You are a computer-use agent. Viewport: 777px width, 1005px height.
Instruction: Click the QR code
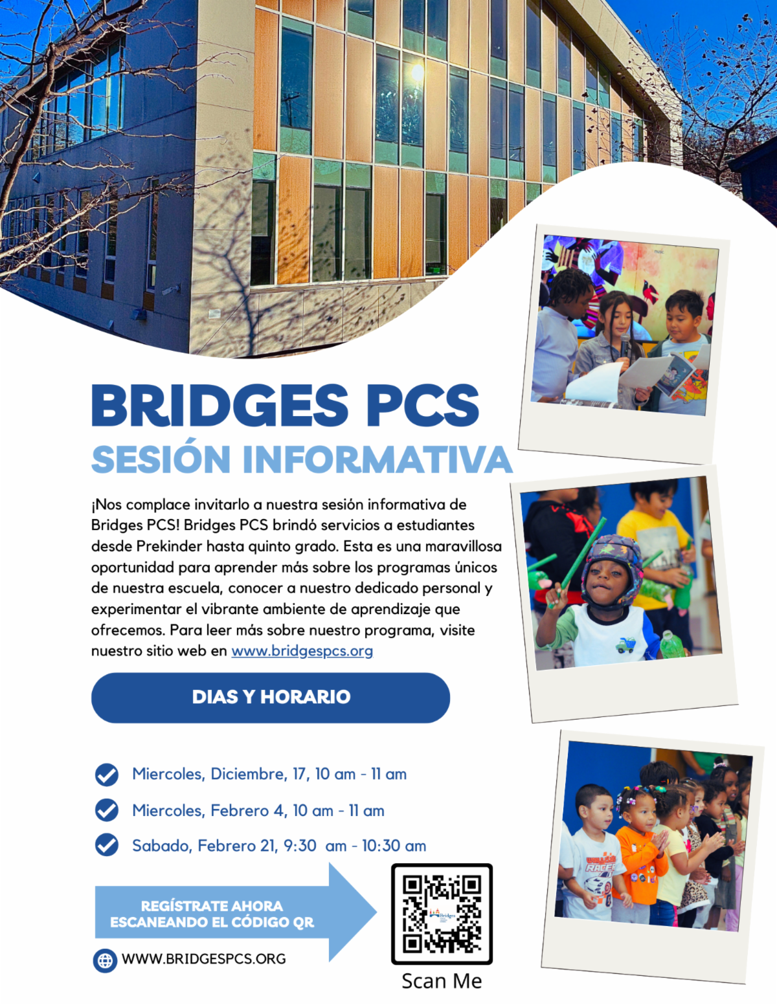click(x=442, y=913)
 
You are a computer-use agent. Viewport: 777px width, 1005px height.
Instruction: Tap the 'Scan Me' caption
click(x=442, y=981)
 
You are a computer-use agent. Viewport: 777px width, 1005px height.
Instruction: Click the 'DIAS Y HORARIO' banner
click(x=271, y=697)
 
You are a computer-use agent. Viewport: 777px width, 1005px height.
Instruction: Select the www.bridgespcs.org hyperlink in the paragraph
click(x=302, y=650)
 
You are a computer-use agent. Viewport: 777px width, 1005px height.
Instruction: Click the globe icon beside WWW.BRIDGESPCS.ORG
click(x=105, y=960)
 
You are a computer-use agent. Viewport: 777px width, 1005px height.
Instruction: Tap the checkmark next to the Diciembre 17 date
click(x=107, y=774)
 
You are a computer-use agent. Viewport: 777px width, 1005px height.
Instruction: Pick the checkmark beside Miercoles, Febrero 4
click(x=107, y=810)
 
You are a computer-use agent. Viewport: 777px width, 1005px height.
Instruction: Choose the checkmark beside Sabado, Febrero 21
click(x=107, y=845)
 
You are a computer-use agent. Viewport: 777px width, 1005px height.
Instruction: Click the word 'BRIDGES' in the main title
click(x=220, y=406)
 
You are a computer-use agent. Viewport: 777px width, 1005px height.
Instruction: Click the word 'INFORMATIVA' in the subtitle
click(x=377, y=459)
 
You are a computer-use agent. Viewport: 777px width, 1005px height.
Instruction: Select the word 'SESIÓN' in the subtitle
click(x=161, y=459)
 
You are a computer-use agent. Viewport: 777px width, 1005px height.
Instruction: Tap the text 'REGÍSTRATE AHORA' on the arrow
click(x=212, y=905)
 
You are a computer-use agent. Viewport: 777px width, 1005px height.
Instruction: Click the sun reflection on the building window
click(x=418, y=72)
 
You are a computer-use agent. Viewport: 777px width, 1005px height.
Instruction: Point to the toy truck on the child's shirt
click(x=625, y=645)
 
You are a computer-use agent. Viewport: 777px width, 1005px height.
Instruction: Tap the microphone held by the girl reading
click(x=625, y=346)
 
